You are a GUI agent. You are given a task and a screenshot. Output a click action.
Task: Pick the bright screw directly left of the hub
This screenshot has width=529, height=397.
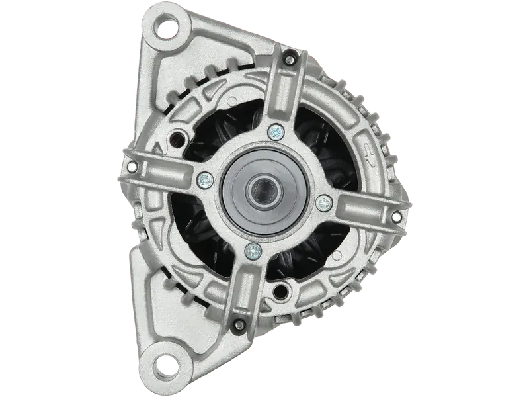[x=205, y=177]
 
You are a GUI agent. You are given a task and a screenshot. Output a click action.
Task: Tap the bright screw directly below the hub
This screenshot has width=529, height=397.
[x=252, y=249]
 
